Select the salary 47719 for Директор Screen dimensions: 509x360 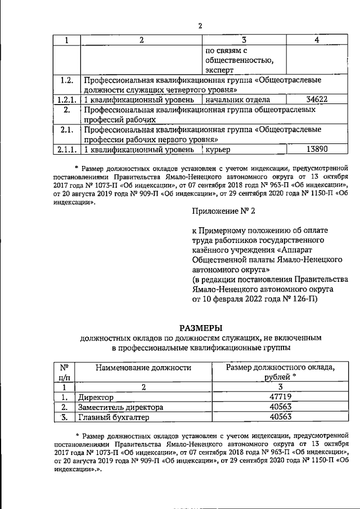(280, 397)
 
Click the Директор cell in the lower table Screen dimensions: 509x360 (96, 397)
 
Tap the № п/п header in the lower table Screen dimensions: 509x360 (65, 372)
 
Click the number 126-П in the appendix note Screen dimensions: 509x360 (304, 300)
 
